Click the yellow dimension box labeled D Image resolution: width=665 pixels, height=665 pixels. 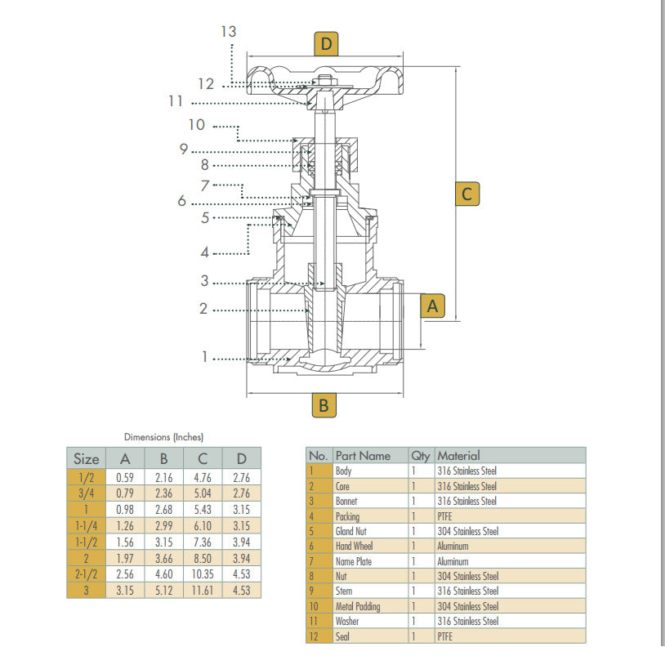(326, 43)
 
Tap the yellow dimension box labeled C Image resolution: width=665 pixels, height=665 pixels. (466, 194)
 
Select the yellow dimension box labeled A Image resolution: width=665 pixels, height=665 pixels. (433, 306)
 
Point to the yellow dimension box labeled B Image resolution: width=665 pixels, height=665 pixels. (324, 404)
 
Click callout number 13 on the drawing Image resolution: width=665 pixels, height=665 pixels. (228, 31)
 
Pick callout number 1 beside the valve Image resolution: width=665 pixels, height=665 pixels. (206, 357)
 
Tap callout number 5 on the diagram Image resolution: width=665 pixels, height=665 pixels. (206, 217)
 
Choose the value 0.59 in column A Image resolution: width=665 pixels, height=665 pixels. (125, 477)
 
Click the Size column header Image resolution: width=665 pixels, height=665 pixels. (86, 458)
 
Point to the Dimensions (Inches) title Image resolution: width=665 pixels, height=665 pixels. (163, 437)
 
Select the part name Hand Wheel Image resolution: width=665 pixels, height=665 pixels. (354, 546)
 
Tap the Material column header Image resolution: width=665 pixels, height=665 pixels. (458, 455)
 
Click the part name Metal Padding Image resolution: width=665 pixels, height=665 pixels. (358, 606)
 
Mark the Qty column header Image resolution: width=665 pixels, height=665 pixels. (421, 456)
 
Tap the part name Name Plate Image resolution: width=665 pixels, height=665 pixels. (354, 561)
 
